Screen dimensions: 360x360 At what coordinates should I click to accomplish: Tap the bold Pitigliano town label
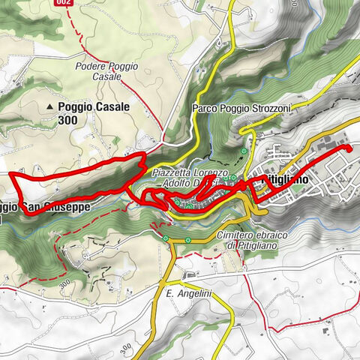click(x=297, y=180)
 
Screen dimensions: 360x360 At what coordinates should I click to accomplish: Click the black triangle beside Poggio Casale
click(x=50, y=107)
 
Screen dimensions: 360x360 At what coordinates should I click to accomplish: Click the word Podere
click(x=93, y=66)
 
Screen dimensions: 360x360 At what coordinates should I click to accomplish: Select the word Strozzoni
click(x=265, y=108)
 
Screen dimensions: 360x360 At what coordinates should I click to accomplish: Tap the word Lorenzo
click(x=214, y=172)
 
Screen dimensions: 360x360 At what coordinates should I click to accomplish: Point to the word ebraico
click(x=262, y=235)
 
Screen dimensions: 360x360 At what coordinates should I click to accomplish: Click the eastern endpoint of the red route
click(x=349, y=149)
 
